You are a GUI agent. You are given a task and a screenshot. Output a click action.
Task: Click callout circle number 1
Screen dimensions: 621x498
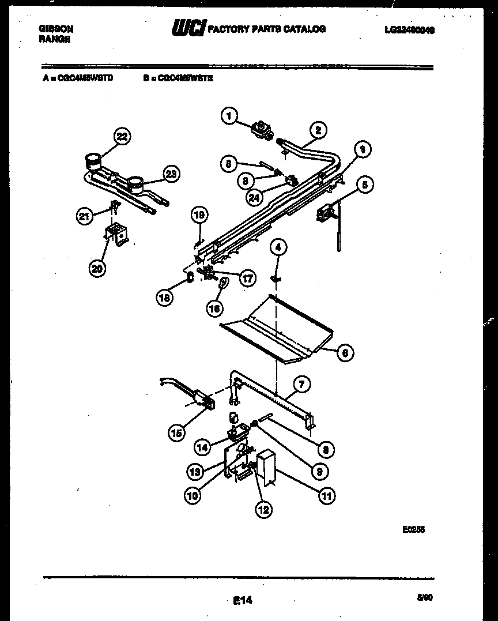[229, 116]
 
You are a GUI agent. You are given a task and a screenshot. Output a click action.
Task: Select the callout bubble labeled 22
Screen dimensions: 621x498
[121, 137]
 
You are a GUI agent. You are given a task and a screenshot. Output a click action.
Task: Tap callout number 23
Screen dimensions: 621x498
[171, 174]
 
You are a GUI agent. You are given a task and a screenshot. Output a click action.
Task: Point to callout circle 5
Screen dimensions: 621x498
[364, 185]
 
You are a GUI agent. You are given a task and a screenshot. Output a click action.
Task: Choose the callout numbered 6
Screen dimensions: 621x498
[344, 352]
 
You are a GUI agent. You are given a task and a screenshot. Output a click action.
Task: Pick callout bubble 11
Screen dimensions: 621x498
[327, 495]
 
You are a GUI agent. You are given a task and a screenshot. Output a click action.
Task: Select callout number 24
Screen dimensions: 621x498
[254, 197]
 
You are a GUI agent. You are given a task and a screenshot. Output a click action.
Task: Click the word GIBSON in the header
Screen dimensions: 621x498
[55, 28]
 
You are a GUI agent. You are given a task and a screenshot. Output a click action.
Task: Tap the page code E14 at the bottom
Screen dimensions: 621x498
[243, 600]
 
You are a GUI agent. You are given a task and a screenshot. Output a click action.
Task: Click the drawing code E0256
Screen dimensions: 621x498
[413, 528]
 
